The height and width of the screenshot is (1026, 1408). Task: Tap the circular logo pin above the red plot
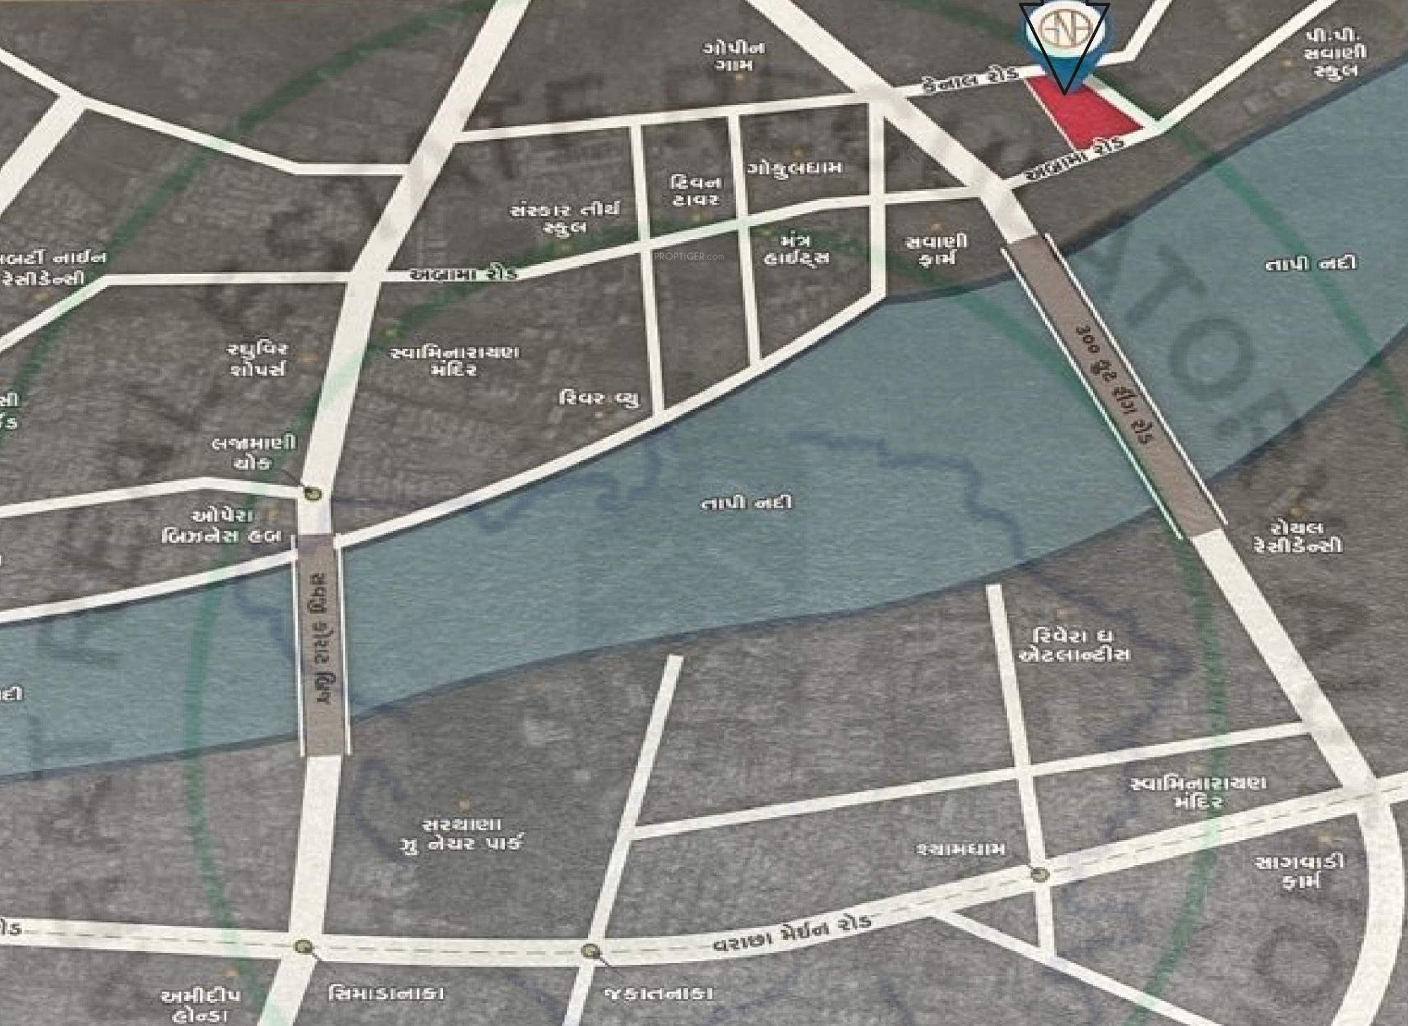click(x=1064, y=33)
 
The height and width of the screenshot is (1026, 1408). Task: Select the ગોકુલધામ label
click(x=794, y=168)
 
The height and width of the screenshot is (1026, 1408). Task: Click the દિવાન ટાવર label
click(x=696, y=190)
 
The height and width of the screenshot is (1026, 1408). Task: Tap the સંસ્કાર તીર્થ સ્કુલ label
click(x=565, y=219)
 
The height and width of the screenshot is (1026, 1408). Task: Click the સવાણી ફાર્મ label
click(x=936, y=250)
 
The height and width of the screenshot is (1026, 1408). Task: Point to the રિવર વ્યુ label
click(x=599, y=398)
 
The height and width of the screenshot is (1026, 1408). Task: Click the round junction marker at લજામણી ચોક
click(x=312, y=494)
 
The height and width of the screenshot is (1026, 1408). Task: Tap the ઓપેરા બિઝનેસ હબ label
click(x=223, y=526)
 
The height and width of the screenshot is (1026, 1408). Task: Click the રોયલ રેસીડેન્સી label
click(x=1297, y=537)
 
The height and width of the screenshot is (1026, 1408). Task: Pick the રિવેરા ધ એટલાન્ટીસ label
click(x=1074, y=645)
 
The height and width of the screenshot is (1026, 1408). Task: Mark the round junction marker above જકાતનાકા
click(x=590, y=950)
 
